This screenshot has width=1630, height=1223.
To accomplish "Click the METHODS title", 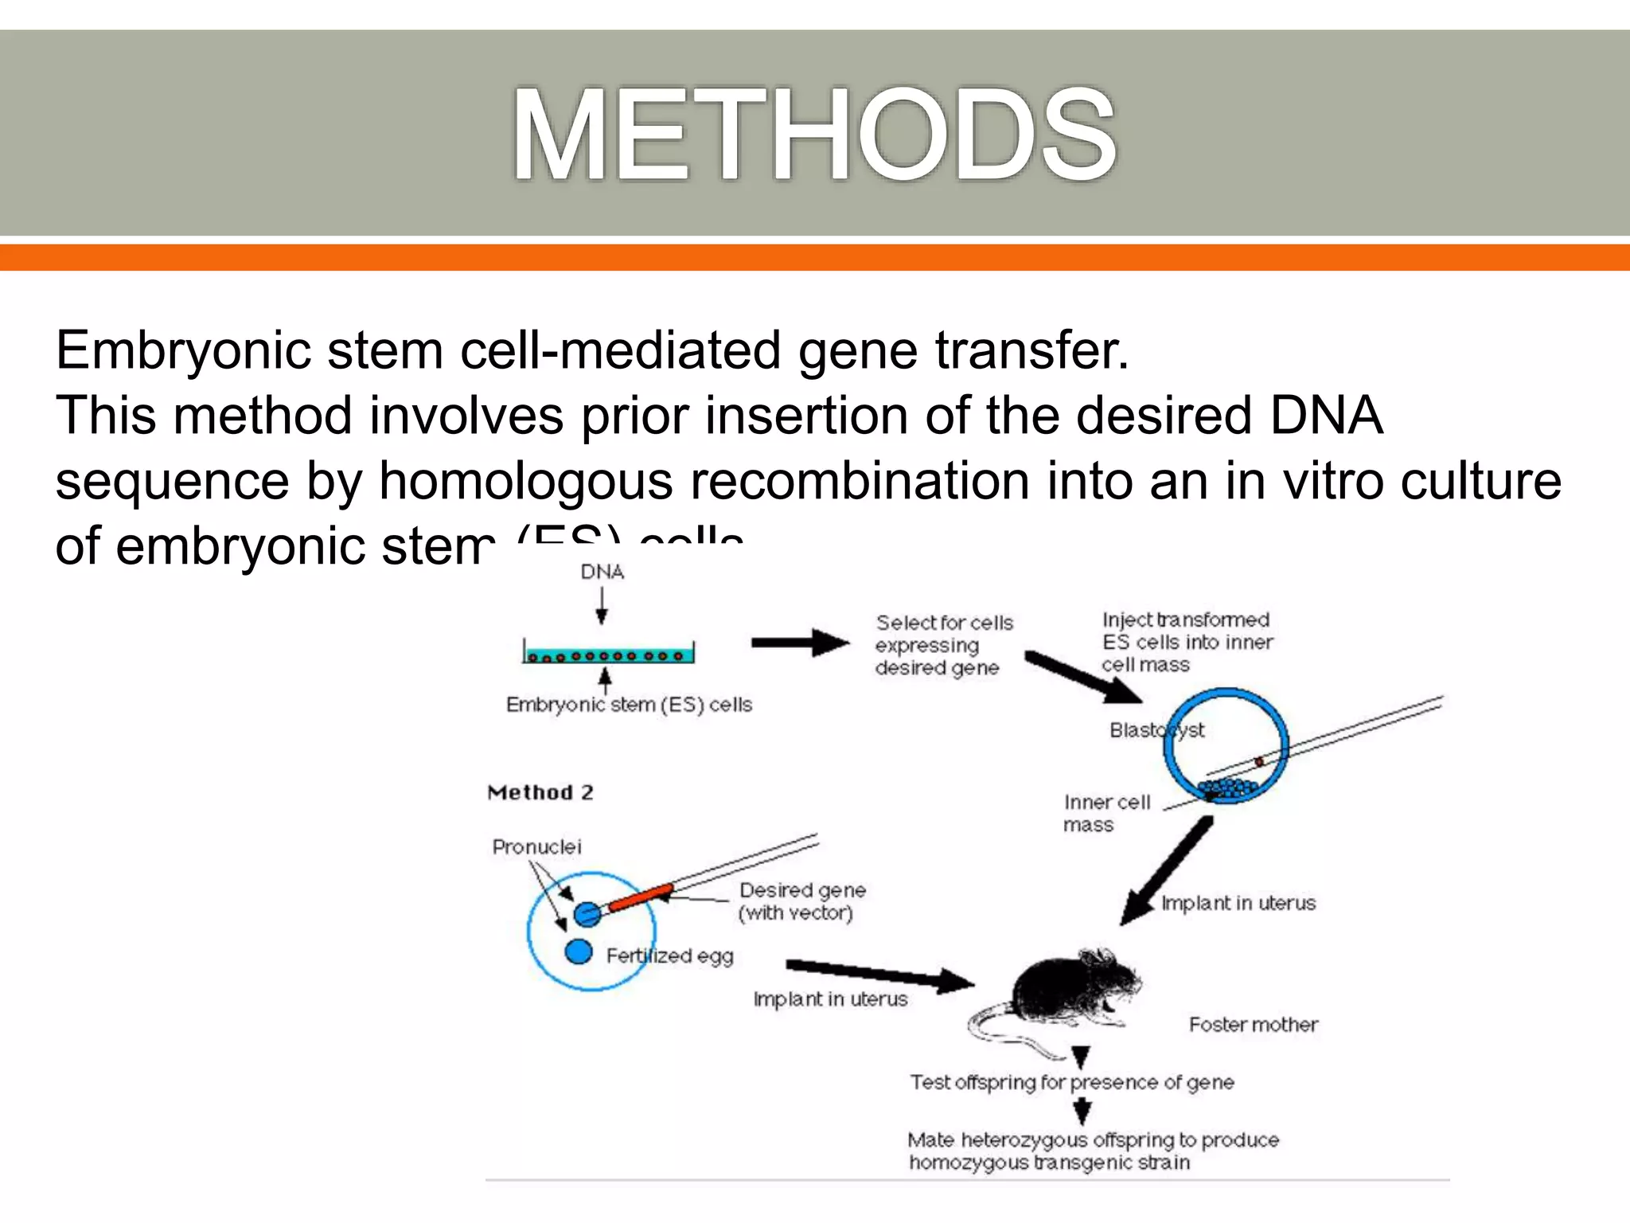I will (813, 135).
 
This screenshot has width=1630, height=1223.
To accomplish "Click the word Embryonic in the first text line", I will (182, 350).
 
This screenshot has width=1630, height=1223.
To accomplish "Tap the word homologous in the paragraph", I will (525, 481).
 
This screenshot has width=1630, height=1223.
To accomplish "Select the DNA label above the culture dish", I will (602, 572).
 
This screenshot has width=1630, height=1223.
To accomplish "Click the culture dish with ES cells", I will (608, 654).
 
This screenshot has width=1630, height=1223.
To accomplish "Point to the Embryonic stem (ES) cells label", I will (629, 705).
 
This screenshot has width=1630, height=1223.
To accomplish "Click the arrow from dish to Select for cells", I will (799, 642).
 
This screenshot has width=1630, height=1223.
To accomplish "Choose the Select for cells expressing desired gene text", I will (942, 645).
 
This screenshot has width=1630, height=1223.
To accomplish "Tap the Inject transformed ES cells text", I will (1187, 642).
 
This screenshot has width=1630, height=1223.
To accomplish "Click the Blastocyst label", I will (1156, 730).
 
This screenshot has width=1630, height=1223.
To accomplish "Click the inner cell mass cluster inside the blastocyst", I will (1230, 789).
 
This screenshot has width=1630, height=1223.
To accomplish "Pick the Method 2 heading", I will (540, 792).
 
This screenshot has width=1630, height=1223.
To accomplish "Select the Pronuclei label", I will (536, 846).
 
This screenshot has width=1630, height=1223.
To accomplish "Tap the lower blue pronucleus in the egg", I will (579, 951).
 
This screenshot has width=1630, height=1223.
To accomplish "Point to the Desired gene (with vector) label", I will (801, 901).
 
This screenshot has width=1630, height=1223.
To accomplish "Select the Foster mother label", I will (1253, 1025).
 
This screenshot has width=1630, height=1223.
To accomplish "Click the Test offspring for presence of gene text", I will (1071, 1083).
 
